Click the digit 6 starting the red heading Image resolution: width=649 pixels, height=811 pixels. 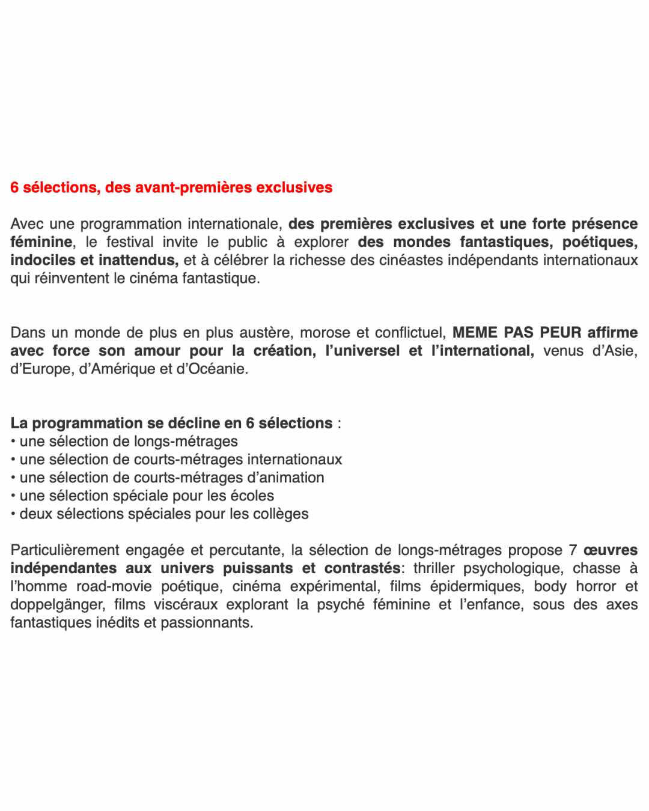[x=14, y=187]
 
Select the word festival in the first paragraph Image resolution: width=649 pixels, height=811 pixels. [x=130, y=242]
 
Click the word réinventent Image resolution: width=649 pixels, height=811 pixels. [x=70, y=278]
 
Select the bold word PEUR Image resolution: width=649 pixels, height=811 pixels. [x=561, y=333]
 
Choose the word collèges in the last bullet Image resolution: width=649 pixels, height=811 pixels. [x=281, y=514]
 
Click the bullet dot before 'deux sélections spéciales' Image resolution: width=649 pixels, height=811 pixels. [x=13, y=514]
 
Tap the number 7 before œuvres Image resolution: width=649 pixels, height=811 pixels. [x=573, y=550]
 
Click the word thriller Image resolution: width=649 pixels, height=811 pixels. [x=434, y=568]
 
